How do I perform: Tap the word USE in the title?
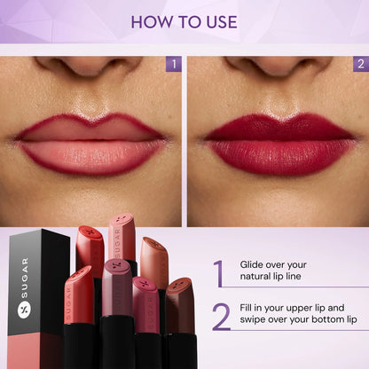tap(219, 21)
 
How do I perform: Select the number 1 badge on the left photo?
tap(173, 64)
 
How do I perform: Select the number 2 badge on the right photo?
tap(360, 64)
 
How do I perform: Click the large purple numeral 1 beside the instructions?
tap(218, 273)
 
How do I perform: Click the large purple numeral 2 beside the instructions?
tap(220, 316)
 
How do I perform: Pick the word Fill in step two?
tap(248, 307)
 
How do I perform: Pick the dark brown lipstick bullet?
tap(180, 303)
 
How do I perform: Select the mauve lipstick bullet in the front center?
tap(117, 286)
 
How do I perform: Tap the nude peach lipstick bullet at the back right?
tap(154, 261)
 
